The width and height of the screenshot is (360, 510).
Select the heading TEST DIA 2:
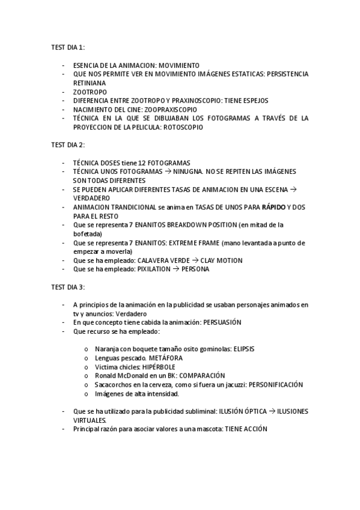point(68,145)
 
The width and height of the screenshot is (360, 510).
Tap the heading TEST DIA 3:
point(68,287)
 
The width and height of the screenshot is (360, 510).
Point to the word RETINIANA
point(89,83)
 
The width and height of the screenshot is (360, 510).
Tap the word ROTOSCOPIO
point(183,127)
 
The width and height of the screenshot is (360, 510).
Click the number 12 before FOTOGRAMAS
point(141,163)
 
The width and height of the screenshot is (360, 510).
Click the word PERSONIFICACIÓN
point(275,385)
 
